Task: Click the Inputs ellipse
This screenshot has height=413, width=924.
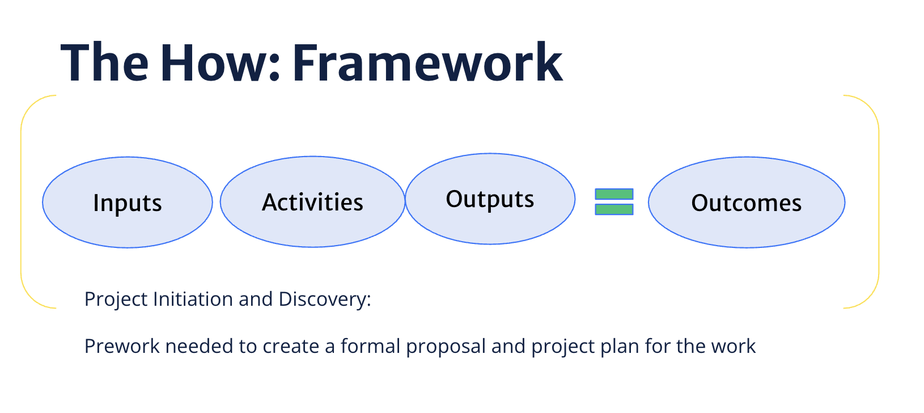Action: click(x=128, y=203)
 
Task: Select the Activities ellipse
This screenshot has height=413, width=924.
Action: click(x=312, y=202)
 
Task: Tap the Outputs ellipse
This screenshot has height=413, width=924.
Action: click(x=490, y=199)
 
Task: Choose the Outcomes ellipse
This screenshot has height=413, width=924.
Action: click(x=747, y=203)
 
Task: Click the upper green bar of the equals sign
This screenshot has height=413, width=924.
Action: click(x=614, y=195)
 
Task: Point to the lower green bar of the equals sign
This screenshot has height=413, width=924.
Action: click(x=614, y=209)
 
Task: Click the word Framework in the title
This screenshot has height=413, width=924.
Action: click(x=427, y=63)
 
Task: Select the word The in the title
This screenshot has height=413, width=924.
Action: click(x=104, y=63)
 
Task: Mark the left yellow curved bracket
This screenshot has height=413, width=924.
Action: click(x=22, y=202)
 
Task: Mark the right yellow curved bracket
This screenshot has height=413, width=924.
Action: click(x=878, y=202)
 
